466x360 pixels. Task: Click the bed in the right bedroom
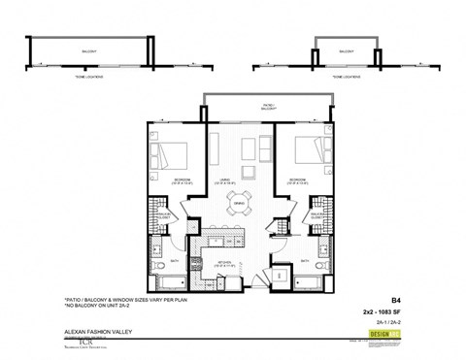[x=301, y=152]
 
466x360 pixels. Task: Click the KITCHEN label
[x=231, y=263]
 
